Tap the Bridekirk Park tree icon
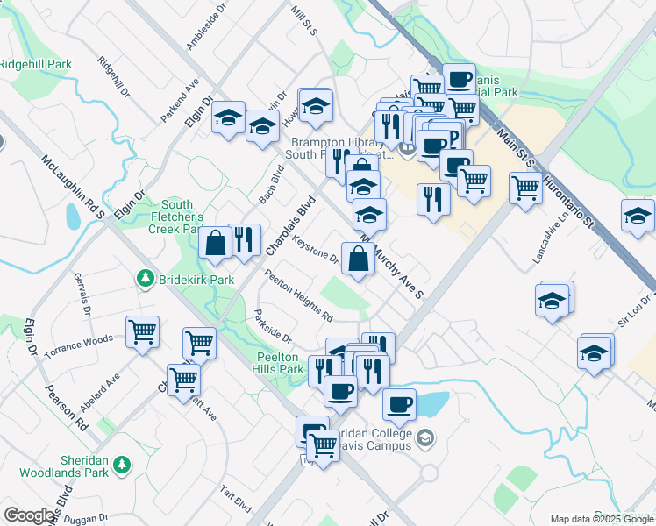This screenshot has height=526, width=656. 144,279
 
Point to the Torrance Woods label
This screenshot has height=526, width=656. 80,343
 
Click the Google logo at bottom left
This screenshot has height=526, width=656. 29,515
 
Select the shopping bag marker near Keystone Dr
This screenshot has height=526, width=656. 358,259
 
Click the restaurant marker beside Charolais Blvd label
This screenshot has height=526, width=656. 244,238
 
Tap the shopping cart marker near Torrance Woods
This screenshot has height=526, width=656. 142,331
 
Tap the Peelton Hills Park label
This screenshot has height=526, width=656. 279,364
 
